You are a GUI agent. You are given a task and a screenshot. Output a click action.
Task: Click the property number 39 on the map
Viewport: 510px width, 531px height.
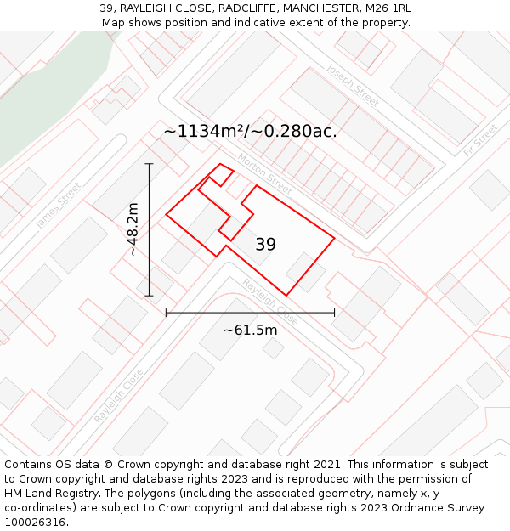[x=265, y=245]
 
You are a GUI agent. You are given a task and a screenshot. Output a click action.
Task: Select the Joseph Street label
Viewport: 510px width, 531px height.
[x=352, y=85]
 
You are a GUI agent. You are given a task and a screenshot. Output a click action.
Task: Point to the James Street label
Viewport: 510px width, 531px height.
[x=59, y=206]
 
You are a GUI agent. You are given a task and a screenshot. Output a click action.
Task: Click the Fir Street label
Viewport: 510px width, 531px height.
[x=481, y=140]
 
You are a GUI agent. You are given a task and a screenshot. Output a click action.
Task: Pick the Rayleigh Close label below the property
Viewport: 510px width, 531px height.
[x=270, y=302]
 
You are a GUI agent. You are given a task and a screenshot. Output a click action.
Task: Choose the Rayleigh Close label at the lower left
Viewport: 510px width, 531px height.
[x=118, y=396]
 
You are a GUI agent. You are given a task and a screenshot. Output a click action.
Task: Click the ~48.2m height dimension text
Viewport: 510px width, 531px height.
[x=133, y=229]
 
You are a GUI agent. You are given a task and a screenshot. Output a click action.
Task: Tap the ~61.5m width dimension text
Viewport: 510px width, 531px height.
[x=250, y=330]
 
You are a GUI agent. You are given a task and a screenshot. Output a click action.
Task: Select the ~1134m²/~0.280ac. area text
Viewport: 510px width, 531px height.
[x=250, y=131]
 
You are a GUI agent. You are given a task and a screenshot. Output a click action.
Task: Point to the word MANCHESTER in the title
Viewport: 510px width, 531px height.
[x=324, y=8]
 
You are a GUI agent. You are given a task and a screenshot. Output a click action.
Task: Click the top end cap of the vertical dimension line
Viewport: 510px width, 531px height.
[x=150, y=163]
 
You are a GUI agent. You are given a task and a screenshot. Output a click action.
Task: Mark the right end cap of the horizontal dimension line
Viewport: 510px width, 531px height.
[x=334, y=313]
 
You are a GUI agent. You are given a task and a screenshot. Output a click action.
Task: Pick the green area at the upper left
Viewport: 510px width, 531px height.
[x=51, y=93]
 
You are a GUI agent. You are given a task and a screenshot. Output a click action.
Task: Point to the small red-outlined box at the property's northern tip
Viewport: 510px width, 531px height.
[x=221, y=174]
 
